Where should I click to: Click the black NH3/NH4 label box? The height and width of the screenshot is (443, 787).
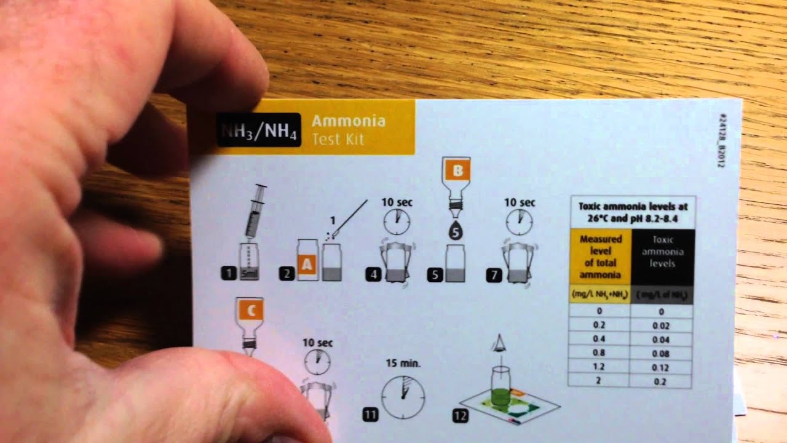coord(259,130)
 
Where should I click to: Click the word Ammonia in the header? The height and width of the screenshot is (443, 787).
coord(349,120)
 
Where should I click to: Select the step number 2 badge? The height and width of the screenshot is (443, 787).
coord(287,274)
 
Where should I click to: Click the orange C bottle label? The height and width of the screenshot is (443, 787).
coord(250,312)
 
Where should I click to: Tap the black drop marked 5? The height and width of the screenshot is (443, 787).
coord(456,232)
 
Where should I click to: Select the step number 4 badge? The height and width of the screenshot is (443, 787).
coord(373,274)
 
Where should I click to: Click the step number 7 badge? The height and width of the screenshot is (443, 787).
coord(493,274)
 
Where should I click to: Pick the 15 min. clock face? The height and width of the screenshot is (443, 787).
coord(403,394)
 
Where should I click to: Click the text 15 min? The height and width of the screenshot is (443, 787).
coord(403,363)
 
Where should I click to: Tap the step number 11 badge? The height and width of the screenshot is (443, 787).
coord(370,415)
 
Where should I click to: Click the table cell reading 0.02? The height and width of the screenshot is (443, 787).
coord(662,325)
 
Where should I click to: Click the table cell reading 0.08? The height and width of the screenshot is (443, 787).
coord(662,354)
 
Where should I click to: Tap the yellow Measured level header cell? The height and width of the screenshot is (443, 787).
coord(601,257)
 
